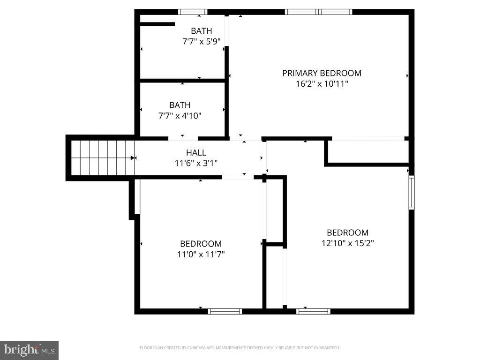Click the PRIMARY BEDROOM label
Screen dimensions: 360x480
(x=322, y=73)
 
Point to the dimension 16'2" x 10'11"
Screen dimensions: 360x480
(x=322, y=84)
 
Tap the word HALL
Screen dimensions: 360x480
(x=196, y=152)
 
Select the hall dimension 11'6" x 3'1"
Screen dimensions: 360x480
(x=196, y=163)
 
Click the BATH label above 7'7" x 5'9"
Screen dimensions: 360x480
(x=201, y=31)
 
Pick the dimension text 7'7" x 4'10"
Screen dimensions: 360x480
(x=180, y=116)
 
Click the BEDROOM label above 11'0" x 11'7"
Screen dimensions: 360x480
(x=201, y=244)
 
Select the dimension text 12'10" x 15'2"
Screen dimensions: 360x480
(x=347, y=243)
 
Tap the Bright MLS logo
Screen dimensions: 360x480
(x=29, y=350)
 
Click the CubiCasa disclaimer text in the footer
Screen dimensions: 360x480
(x=240, y=348)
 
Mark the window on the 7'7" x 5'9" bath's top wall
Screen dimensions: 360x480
(x=193, y=12)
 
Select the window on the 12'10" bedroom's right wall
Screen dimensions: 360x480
(x=411, y=192)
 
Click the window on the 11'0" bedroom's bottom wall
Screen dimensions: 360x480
(x=225, y=311)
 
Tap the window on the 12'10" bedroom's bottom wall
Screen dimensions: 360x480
(x=314, y=311)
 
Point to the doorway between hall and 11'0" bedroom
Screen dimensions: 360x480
(x=238, y=177)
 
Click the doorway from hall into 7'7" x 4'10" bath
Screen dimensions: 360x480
(x=183, y=138)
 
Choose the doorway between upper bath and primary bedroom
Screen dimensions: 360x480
(x=227, y=31)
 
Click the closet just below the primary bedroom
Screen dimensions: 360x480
(x=368, y=151)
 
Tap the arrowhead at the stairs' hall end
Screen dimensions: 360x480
(x=133, y=158)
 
